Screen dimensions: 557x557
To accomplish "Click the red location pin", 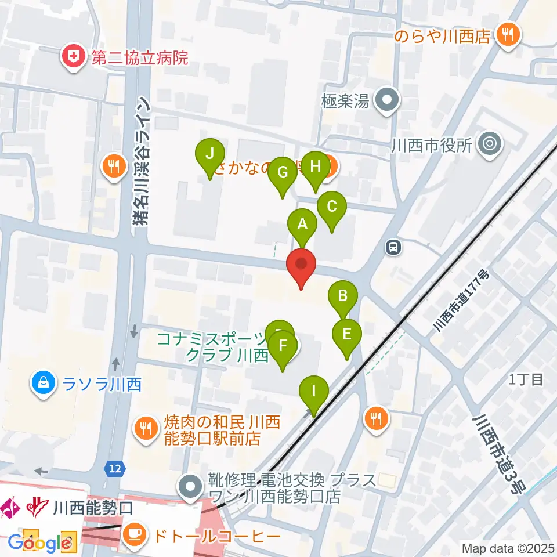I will coord(301,267).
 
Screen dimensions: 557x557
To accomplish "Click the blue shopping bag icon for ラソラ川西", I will coord(43,384).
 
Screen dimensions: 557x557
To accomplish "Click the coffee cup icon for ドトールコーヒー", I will coord(135,534).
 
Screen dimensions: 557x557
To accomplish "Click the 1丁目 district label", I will coord(526,380).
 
